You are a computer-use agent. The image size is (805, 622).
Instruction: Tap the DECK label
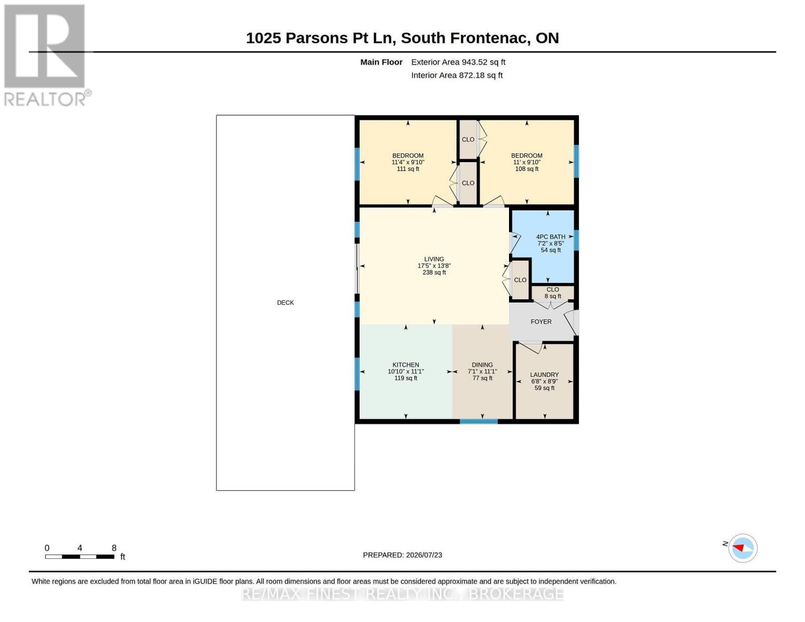coord(285,303)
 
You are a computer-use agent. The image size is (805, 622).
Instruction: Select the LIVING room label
coord(434,259)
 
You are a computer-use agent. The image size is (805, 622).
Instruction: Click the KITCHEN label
coord(406,365)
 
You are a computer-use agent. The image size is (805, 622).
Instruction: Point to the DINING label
coord(482,365)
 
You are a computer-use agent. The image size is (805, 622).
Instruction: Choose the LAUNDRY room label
coord(544,375)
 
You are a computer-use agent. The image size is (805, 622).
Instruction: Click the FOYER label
coord(541,321)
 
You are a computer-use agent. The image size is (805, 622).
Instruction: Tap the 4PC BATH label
coord(550,237)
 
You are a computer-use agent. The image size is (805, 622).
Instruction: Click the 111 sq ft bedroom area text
coord(408,169)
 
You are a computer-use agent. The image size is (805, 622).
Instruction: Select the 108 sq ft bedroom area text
coord(527,169)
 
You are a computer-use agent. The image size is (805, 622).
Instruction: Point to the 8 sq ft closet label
coord(553,296)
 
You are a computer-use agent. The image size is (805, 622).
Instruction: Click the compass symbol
coord(742,548)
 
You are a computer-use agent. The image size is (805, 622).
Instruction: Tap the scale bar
coord(80,556)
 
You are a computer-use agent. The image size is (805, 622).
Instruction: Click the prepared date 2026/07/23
coord(424,555)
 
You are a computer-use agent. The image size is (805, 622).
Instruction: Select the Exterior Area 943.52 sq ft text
coord(458,62)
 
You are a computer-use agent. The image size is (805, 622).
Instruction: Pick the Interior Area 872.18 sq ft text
coord(457,75)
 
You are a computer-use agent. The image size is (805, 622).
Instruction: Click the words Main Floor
coord(381,62)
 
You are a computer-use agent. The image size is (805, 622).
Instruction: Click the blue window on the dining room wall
coord(478,421)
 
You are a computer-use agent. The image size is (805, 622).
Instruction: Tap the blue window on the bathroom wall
coord(576,240)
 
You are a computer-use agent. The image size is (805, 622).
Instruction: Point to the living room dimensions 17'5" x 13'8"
coord(434,265)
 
